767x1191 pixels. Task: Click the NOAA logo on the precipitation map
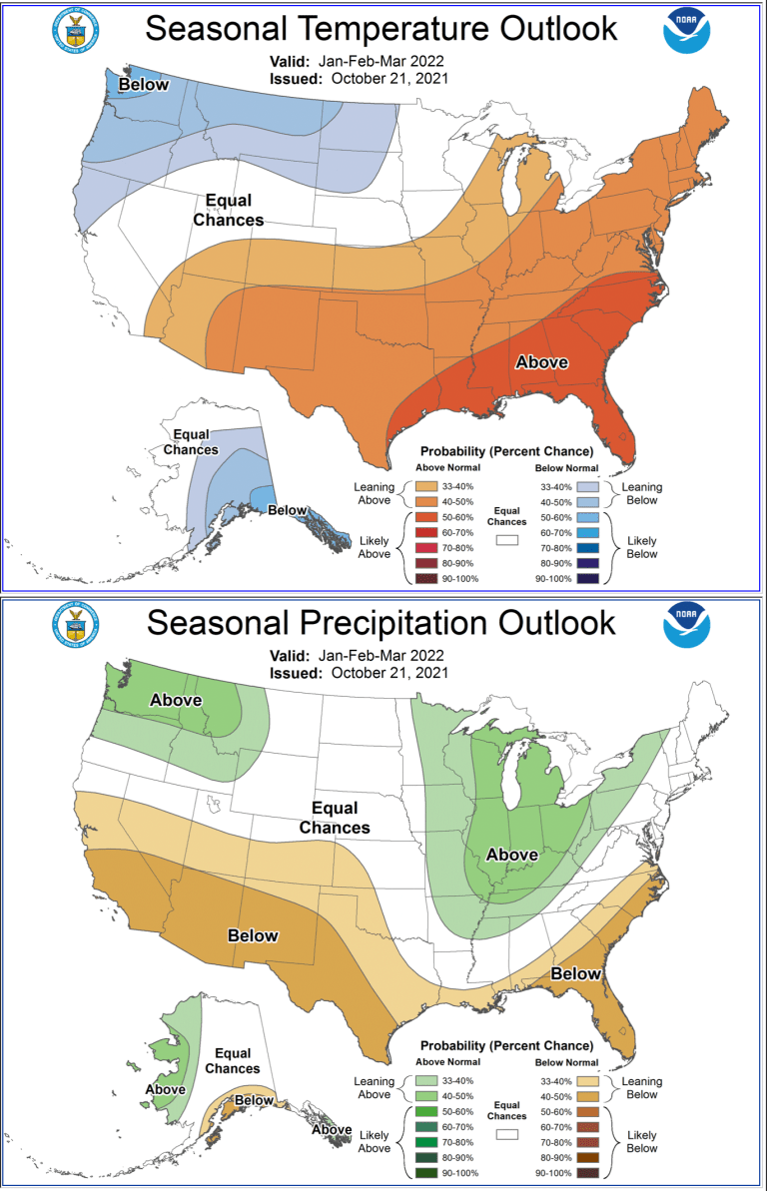pyautogui.click(x=687, y=625)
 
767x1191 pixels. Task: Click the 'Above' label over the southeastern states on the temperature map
pyautogui.click(x=541, y=361)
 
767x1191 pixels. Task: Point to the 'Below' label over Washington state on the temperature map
pyautogui.click(x=144, y=85)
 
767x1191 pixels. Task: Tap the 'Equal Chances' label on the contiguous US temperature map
pyautogui.click(x=229, y=211)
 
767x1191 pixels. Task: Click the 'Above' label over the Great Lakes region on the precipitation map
pyautogui.click(x=511, y=855)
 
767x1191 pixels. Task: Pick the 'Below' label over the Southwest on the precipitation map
pyautogui.click(x=253, y=935)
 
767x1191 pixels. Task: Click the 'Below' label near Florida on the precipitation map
pyautogui.click(x=576, y=973)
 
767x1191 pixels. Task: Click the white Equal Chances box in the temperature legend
pyautogui.click(x=508, y=539)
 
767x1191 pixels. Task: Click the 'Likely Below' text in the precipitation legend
pyautogui.click(x=642, y=1142)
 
